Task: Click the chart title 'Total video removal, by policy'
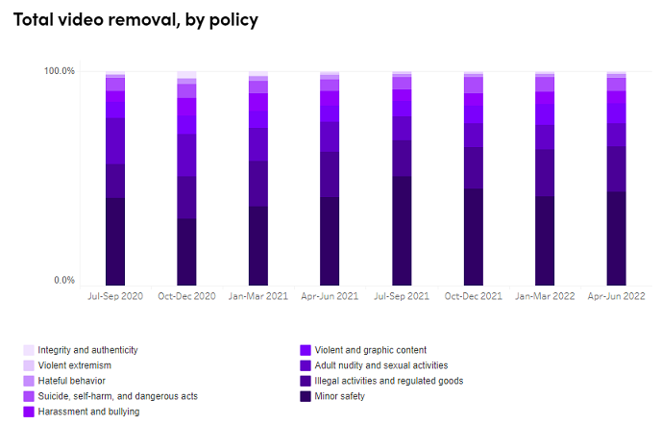coord(135,20)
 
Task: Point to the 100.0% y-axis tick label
coord(60,71)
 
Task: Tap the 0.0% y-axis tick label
coord(63,281)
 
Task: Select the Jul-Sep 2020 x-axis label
coord(115,296)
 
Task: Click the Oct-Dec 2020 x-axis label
coord(186,296)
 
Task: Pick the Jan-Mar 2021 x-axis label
coord(258,296)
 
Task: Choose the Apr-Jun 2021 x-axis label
coord(330,296)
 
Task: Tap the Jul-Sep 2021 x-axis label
coord(402,296)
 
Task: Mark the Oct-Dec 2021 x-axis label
coord(473,296)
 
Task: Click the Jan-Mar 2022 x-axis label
coord(545,296)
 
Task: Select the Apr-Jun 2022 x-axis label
coord(616,296)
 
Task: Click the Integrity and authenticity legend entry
coord(87,350)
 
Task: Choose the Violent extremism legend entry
coord(74,365)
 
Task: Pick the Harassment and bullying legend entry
coord(88,412)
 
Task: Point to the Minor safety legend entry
coord(341,396)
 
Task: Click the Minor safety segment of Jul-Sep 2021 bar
coord(402,231)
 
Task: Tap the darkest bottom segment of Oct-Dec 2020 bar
coord(186,252)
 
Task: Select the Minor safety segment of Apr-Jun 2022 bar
coord(616,238)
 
